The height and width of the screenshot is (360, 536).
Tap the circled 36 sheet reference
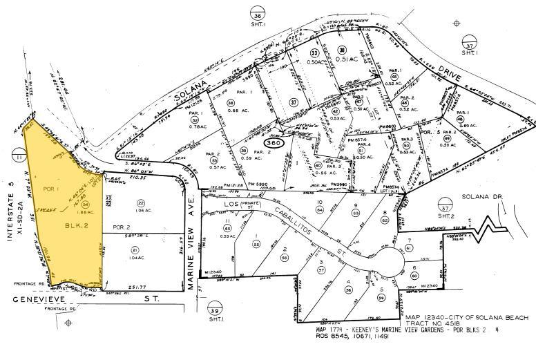coord(258,16)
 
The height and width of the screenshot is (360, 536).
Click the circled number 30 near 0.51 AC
coord(341,50)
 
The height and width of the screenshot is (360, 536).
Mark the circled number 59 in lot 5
coord(381,298)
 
